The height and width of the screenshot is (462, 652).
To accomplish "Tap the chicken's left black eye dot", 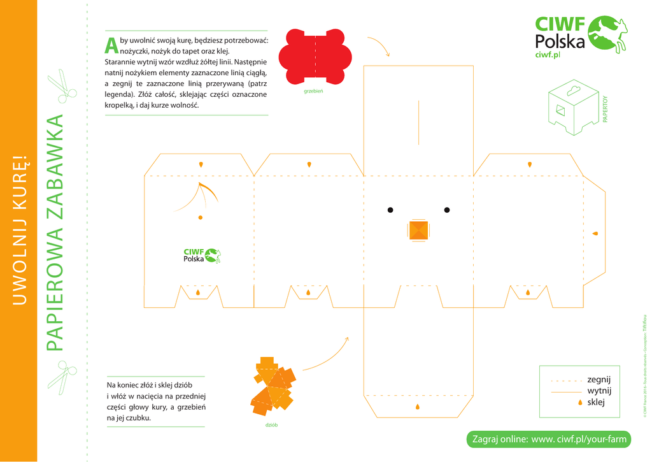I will click(x=390, y=210).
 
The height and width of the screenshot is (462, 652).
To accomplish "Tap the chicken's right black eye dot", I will click(x=447, y=210).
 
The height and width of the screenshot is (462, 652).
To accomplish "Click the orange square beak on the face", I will click(x=418, y=230).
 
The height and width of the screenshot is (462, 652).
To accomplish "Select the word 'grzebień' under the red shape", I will click(x=314, y=91).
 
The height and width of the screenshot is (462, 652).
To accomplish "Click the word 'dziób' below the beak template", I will click(x=271, y=425).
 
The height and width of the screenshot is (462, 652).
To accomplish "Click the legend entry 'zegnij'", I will click(x=599, y=380).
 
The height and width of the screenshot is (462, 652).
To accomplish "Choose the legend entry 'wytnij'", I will click(x=599, y=391).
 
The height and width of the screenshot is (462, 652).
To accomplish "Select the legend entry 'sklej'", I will click(x=595, y=402).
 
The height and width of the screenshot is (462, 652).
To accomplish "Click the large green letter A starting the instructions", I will click(x=111, y=45).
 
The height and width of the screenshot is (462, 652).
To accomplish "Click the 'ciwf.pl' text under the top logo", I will click(x=548, y=55).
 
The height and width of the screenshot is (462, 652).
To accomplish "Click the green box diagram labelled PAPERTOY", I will click(x=574, y=108).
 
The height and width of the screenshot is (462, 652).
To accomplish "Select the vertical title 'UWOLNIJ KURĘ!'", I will click(x=19, y=230).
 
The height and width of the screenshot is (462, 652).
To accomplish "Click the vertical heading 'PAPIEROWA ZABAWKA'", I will click(x=55, y=233).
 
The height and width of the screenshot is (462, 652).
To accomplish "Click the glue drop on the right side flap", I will click(x=595, y=233).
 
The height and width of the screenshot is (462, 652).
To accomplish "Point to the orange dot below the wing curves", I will click(x=201, y=217).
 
